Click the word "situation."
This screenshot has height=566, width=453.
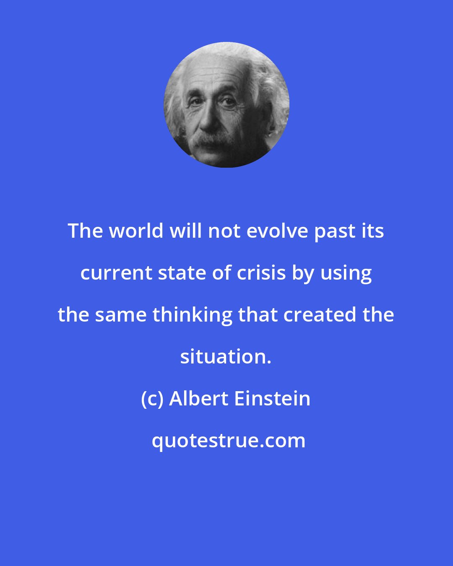point(226,357)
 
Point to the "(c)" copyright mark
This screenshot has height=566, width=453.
point(152,399)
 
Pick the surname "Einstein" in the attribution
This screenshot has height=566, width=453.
point(272,398)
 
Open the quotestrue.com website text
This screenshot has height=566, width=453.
point(229,441)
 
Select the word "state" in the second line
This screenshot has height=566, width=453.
point(178,273)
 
